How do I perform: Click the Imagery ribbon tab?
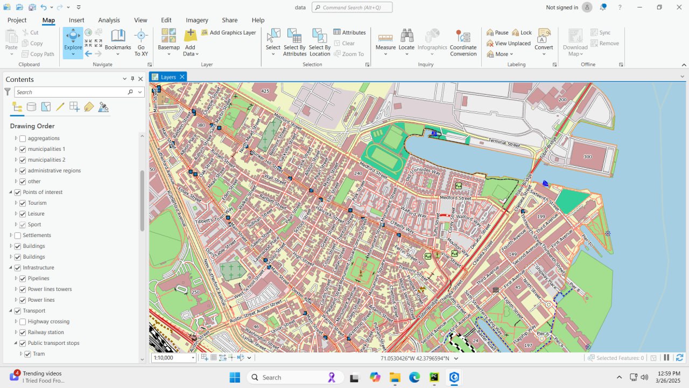point(197,20)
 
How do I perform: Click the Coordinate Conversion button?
point(463,42)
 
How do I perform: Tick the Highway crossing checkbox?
point(23,322)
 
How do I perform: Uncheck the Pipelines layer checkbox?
point(23,279)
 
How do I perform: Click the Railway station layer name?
point(46,332)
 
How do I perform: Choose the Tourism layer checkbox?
point(23,203)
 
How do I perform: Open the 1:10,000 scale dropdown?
point(193,358)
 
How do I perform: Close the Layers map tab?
point(182,77)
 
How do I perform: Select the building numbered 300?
point(587,157)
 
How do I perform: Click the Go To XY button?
point(141,42)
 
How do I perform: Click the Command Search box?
point(352,8)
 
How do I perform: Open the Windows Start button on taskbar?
point(235,377)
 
